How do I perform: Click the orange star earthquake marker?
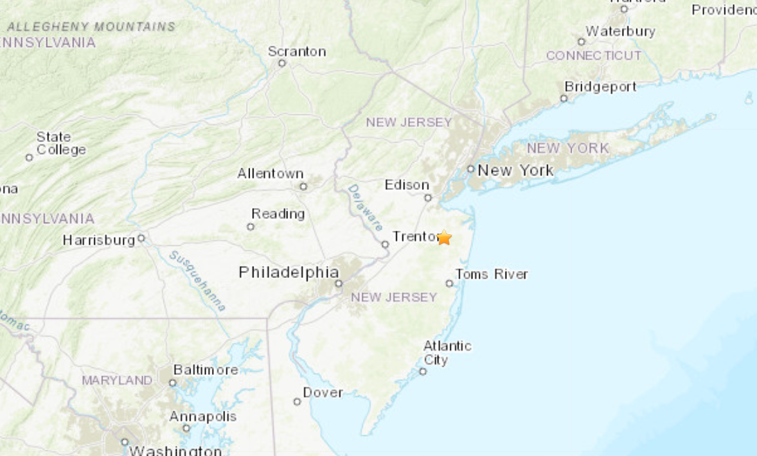click(x=444, y=238)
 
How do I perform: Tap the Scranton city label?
click(x=296, y=51)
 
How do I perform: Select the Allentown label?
click(x=270, y=173)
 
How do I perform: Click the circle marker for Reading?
click(x=251, y=227)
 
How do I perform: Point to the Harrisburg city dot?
click(x=141, y=238)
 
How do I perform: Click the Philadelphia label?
click(x=289, y=272)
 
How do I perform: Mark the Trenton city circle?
click(x=385, y=244)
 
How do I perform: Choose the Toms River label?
click(x=491, y=274)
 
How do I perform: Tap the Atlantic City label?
click(x=447, y=353)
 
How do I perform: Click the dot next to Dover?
click(x=297, y=401)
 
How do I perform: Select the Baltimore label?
click(x=205, y=369)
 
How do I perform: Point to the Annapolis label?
click(x=203, y=416)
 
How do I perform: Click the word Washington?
click(x=175, y=450)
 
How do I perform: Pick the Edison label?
click(x=407, y=184)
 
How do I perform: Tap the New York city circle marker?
click(x=470, y=168)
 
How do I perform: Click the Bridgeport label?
click(x=600, y=87)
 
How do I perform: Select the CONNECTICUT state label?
click(x=594, y=55)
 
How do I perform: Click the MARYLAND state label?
click(x=117, y=380)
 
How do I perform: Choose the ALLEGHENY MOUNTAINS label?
click(x=91, y=27)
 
